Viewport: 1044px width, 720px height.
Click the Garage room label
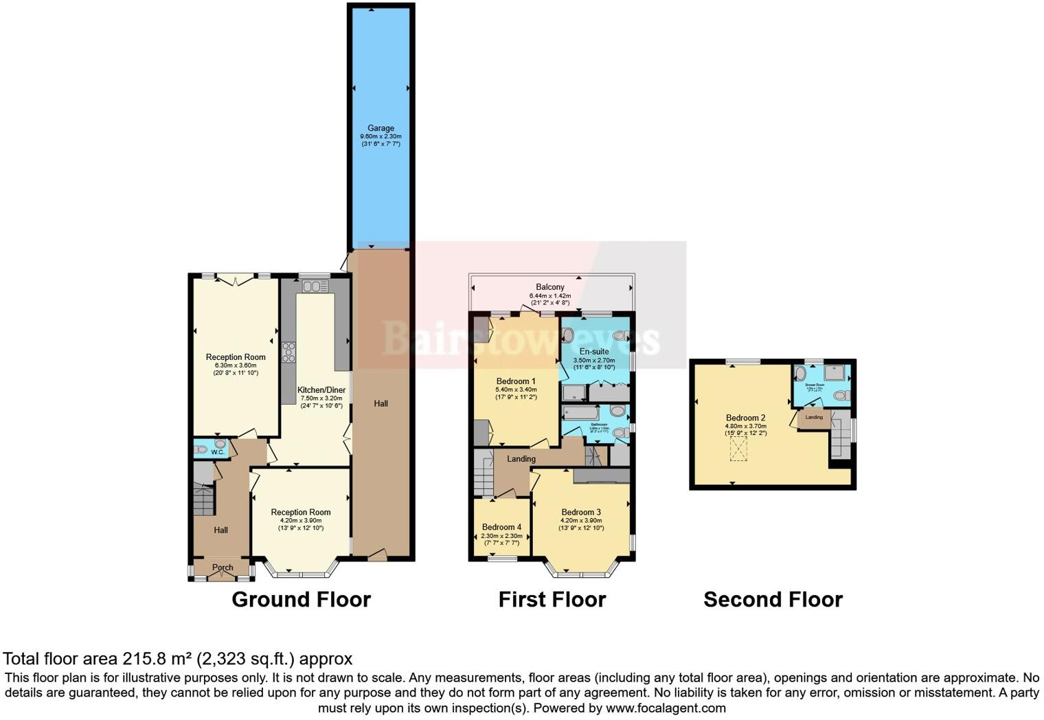pos(381,128)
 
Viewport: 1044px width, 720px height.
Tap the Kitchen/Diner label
pos(321,390)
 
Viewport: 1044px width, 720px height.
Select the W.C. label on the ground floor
pos(218,452)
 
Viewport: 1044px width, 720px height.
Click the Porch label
pos(223,567)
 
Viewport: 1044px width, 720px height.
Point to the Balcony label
pos(550,287)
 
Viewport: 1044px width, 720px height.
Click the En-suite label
pos(594,351)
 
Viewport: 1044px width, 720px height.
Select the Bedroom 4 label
pos(501,527)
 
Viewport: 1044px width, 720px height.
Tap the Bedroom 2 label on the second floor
pos(745,418)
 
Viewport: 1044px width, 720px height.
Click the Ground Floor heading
pos(301,600)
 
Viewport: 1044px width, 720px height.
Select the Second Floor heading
pos(773,600)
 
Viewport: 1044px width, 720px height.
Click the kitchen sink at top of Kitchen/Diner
pos(315,286)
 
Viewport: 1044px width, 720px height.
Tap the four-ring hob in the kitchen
pos(288,352)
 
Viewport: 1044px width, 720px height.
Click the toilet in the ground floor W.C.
pos(201,451)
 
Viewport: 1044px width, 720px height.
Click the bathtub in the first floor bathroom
pos(580,413)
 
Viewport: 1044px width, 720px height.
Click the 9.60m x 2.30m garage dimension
pos(381,136)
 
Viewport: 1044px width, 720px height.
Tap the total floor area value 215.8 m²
pos(157,660)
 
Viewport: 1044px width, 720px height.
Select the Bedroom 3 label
pos(581,512)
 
